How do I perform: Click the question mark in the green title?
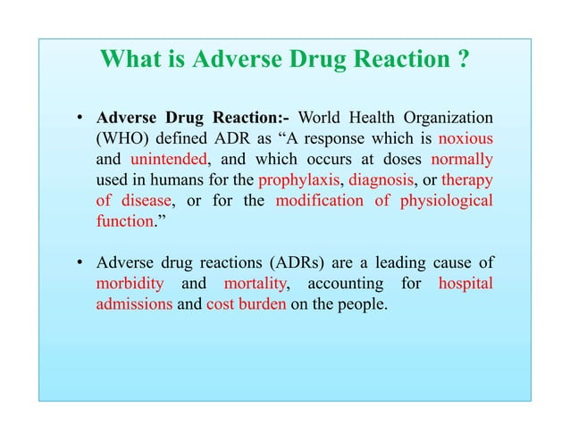[463, 60]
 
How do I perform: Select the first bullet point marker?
[80, 119]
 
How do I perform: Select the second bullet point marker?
[80, 263]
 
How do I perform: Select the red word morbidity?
[130, 284]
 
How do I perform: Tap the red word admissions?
[134, 304]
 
